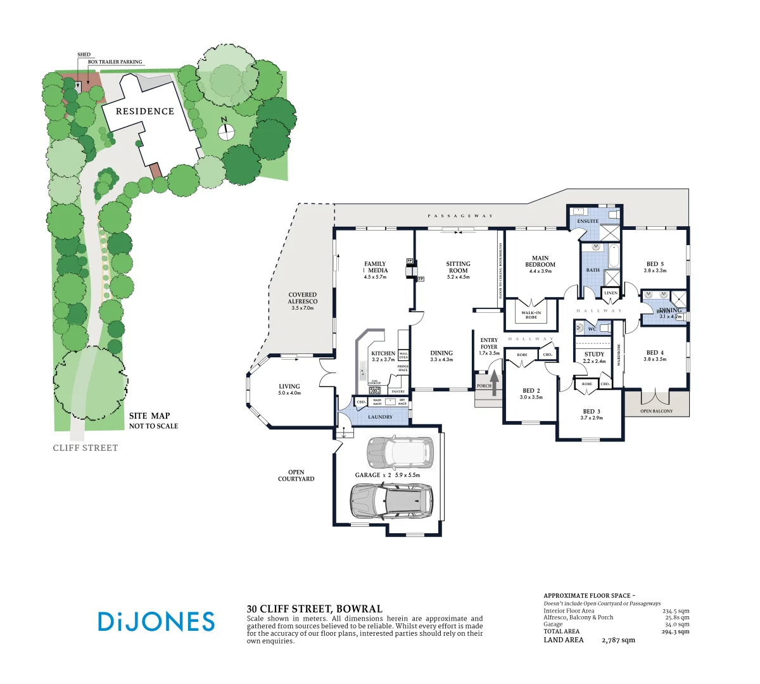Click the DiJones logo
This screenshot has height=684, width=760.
(x=156, y=621)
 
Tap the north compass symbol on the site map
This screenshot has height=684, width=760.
(x=226, y=131)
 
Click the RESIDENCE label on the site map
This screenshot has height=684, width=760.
(x=145, y=111)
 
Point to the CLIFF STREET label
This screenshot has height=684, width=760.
(x=85, y=448)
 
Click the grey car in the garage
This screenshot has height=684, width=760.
(x=392, y=500)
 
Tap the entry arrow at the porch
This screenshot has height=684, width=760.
(x=494, y=383)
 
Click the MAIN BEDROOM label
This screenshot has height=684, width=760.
(x=540, y=262)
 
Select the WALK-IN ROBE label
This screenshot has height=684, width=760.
(x=531, y=315)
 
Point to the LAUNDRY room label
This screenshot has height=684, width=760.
(x=380, y=417)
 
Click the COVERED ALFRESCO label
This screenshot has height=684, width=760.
(x=303, y=298)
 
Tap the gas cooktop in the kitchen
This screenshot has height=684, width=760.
(x=374, y=390)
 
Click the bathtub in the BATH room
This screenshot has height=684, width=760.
(x=614, y=256)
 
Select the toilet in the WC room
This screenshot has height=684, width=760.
(x=580, y=329)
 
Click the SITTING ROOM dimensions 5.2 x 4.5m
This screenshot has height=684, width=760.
(x=458, y=277)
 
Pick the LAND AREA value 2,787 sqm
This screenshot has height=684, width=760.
(x=618, y=640)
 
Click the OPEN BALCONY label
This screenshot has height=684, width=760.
(x=656, y=411)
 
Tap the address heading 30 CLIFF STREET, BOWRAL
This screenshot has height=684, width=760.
(x=315, y=609)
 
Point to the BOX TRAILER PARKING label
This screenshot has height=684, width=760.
(x=115, y=62)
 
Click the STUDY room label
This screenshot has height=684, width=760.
(x=594, y=355)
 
